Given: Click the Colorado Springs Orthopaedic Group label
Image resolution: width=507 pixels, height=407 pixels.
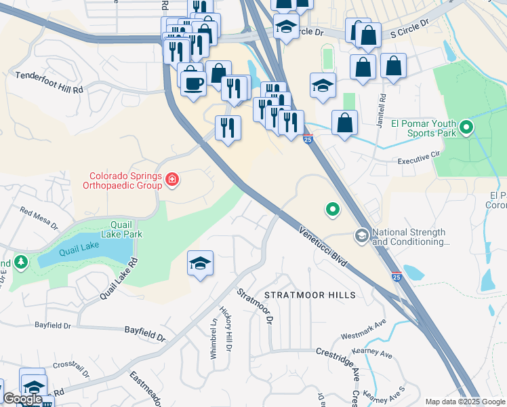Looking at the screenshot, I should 123,179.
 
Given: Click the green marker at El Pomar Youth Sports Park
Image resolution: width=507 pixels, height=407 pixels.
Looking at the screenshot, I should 466,128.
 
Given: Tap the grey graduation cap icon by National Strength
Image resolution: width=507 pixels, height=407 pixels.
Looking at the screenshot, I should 362,235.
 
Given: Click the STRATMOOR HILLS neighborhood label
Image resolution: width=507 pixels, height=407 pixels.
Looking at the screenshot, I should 310,295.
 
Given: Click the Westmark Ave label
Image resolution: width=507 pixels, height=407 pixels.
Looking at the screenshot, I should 363,329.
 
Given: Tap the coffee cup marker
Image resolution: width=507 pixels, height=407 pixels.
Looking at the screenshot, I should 192,82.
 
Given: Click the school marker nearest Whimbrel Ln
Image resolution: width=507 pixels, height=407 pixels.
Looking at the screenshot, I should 201,264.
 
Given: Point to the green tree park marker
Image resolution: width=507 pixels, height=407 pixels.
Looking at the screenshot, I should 21,261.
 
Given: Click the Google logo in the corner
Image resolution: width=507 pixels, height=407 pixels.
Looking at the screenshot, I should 22,399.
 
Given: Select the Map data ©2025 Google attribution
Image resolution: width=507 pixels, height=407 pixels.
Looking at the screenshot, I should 464,402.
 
